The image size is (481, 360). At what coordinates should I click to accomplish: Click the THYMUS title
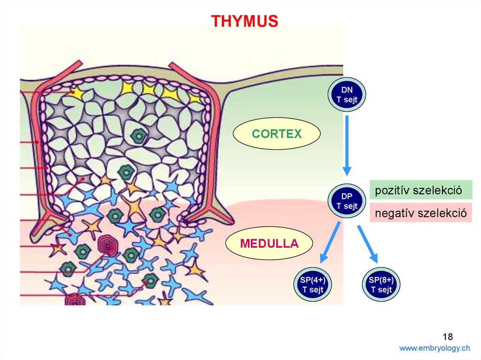coord(244,21)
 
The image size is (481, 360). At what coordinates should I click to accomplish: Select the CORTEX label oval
coord(277,134)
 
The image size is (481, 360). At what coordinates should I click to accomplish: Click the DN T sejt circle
coord(347,95)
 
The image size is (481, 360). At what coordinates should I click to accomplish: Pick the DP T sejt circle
coord(347,200)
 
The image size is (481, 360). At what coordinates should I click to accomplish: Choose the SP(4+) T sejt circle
coord(312,285)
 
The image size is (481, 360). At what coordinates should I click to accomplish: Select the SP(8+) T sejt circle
coord(381,285)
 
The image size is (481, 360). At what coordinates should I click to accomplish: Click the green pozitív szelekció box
coord(420,191)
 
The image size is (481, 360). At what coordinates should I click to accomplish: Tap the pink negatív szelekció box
coord(420,214)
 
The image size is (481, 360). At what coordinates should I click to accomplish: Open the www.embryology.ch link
coord(434,348)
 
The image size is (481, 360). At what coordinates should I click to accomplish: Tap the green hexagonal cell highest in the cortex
coord(139,136)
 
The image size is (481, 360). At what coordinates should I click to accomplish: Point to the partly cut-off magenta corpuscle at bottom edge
coord(75,299)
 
